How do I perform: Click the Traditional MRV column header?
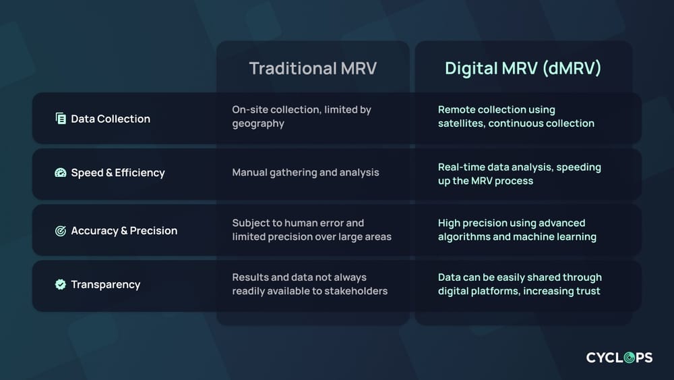[312, 68]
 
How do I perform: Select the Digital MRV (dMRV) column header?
[523, 68]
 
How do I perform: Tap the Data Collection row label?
[111, 119]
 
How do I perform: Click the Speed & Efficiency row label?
[118, 173]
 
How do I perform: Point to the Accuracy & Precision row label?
[124, 231]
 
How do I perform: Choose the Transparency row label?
[106, 285]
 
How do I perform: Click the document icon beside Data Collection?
[61, 119]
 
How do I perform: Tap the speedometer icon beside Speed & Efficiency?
[61, 173]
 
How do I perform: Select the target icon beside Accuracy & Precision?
[61, 231]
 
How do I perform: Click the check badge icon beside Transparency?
[61, 285]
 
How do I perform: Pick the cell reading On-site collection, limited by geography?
[301, 116]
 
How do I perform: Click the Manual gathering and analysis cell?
[305, 173]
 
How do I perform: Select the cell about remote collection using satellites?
[516, 116]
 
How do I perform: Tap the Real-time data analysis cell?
[519, 173]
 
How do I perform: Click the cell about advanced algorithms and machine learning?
[517, 229]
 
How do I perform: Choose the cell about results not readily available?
[309, 283]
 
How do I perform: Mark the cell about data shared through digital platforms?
[520, 283]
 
